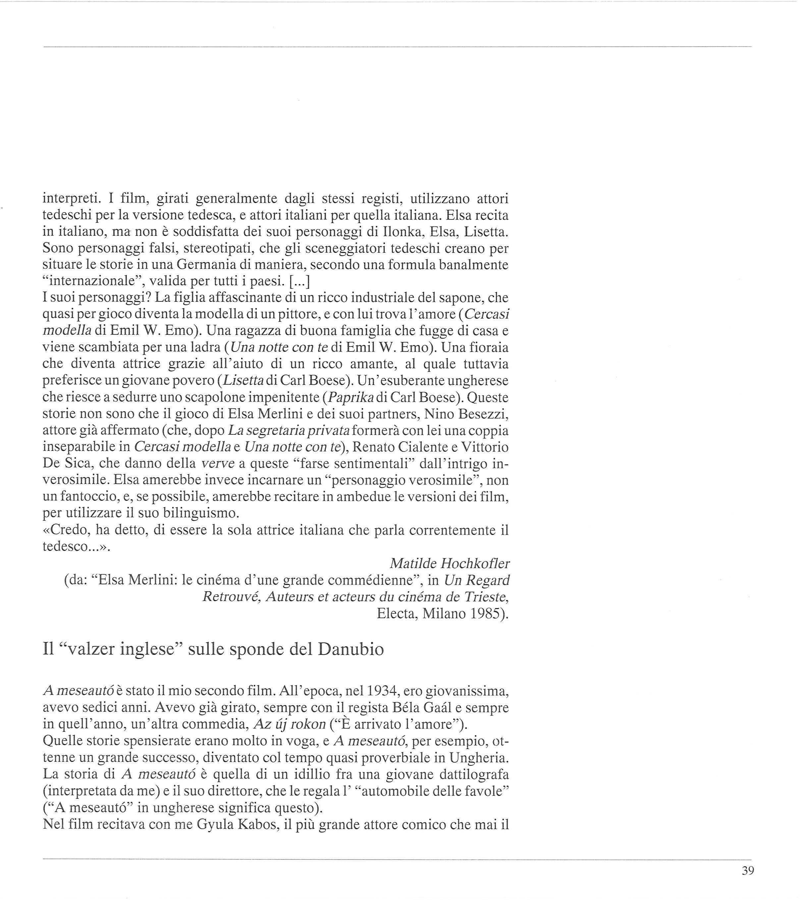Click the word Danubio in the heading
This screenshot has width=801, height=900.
(351, 650)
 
